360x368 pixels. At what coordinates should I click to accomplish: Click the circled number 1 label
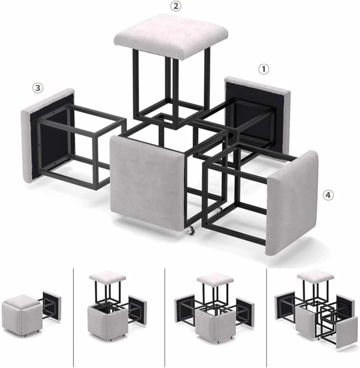[x=263, y=69]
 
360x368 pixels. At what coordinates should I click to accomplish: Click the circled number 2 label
[x=176, y=6]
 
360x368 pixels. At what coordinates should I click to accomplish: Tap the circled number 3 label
[x=38, y=88]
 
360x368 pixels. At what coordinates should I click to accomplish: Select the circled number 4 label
[x=328, y=195]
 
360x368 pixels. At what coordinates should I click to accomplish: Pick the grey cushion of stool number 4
[x=292, y=203]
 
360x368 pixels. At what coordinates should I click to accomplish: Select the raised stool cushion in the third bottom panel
[x=215, y=279]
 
